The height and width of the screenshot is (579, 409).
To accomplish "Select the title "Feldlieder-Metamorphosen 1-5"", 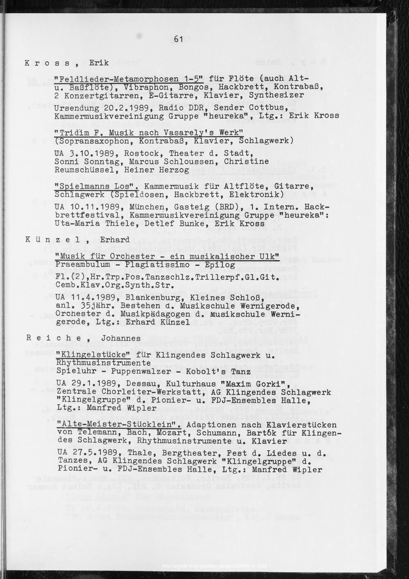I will (x=132, y=79).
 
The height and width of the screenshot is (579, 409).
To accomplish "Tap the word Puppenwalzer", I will (x=135, y=372).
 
